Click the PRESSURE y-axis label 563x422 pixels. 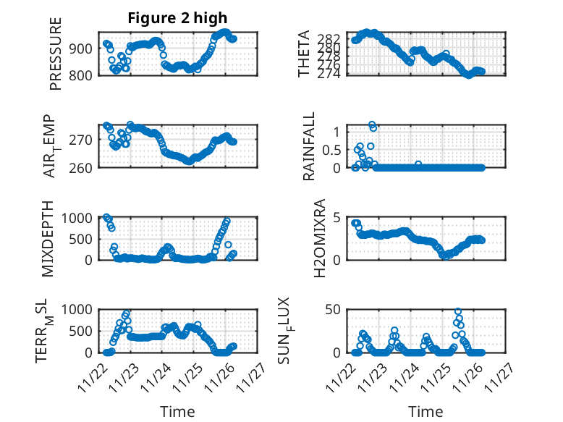[56, 54]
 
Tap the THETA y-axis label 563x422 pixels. [305, 54]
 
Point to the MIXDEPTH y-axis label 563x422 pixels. [48, 238]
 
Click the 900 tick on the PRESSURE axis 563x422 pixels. [82, 48]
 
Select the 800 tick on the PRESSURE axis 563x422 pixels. [82, 75]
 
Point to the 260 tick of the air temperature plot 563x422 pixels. [82, 168]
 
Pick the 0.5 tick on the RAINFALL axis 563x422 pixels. [330, 150]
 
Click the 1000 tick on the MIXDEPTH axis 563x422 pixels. [77, 218]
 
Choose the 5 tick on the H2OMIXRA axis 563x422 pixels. [336, 218]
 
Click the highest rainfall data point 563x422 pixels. [372, 125]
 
